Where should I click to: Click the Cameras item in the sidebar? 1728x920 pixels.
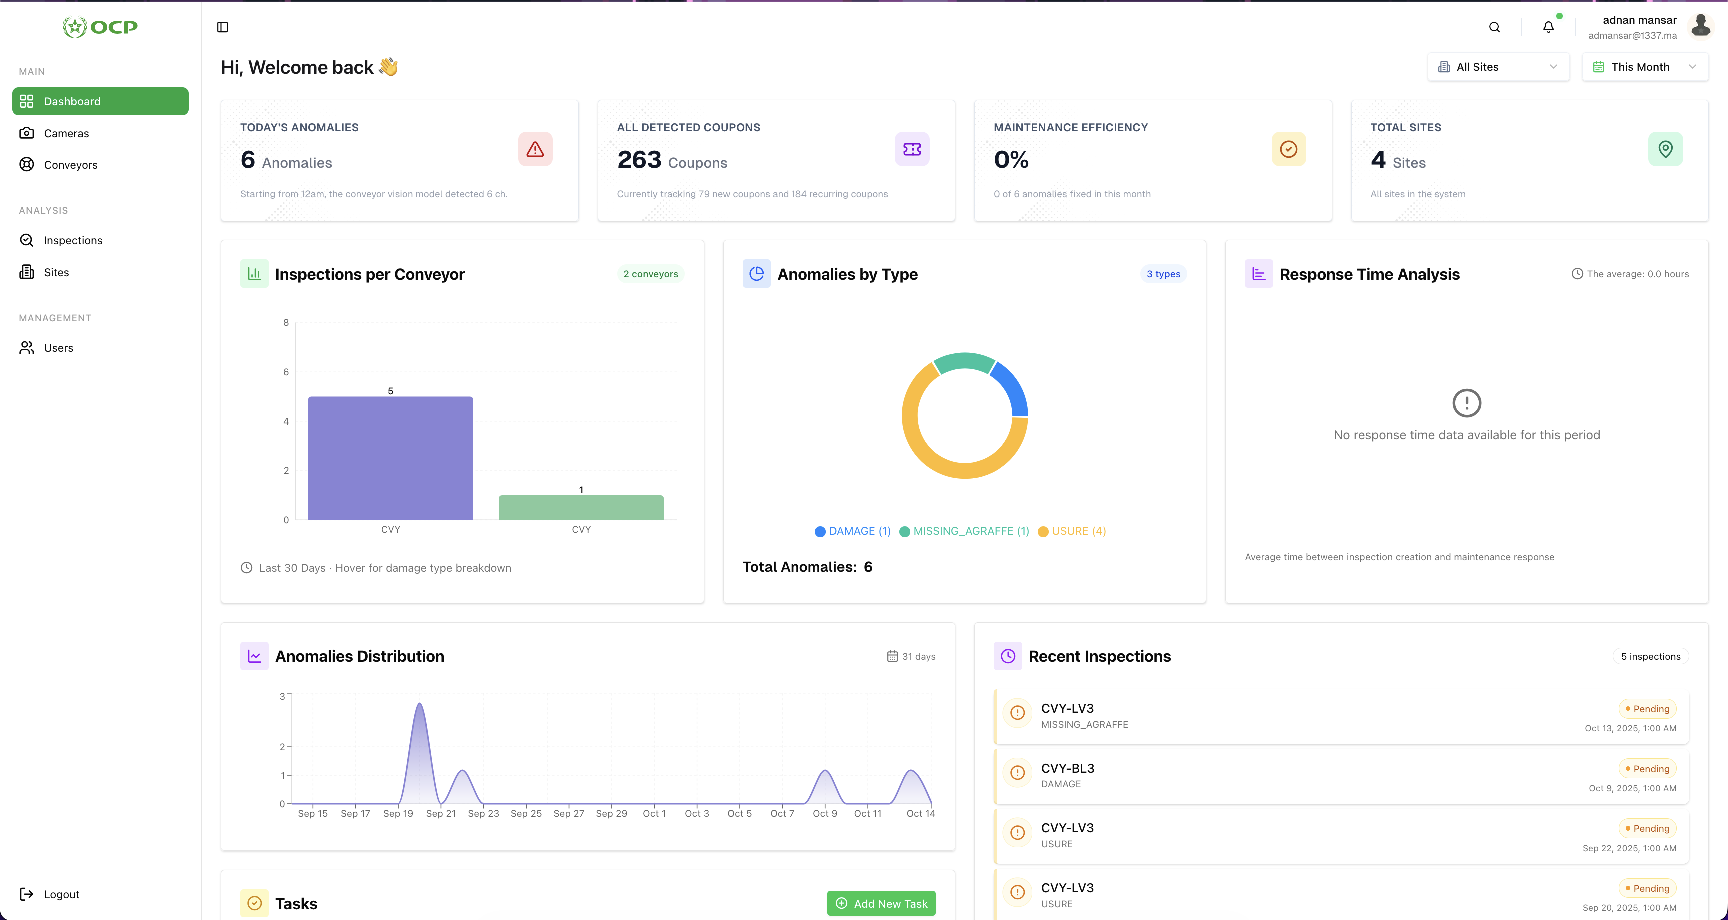tap(66, 133)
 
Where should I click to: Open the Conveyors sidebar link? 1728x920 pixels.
tap(70, 165)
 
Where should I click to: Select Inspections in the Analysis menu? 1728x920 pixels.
tap(73, 240)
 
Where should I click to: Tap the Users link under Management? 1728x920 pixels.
tap(58, 347)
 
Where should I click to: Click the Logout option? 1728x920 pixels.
tap(61, 894)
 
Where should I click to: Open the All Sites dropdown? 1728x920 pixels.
tap(1498, 67)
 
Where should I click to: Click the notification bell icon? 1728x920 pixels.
tap(1548, 27)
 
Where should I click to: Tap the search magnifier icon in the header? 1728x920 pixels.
tap(1494, 27)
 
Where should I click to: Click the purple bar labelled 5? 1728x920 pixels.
tap(390, 458)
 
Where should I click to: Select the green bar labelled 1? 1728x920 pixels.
tap(581, 507)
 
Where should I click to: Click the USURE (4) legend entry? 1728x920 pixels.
tap(1072, 531)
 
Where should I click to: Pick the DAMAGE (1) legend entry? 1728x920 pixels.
tap(852, 531)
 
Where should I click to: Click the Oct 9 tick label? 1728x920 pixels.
tap(825, 814)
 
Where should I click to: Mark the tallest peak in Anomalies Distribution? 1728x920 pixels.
tap(420, 705)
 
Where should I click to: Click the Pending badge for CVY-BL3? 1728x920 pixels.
tap(1647, 769)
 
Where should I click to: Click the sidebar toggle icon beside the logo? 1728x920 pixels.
tap(222, 27)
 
